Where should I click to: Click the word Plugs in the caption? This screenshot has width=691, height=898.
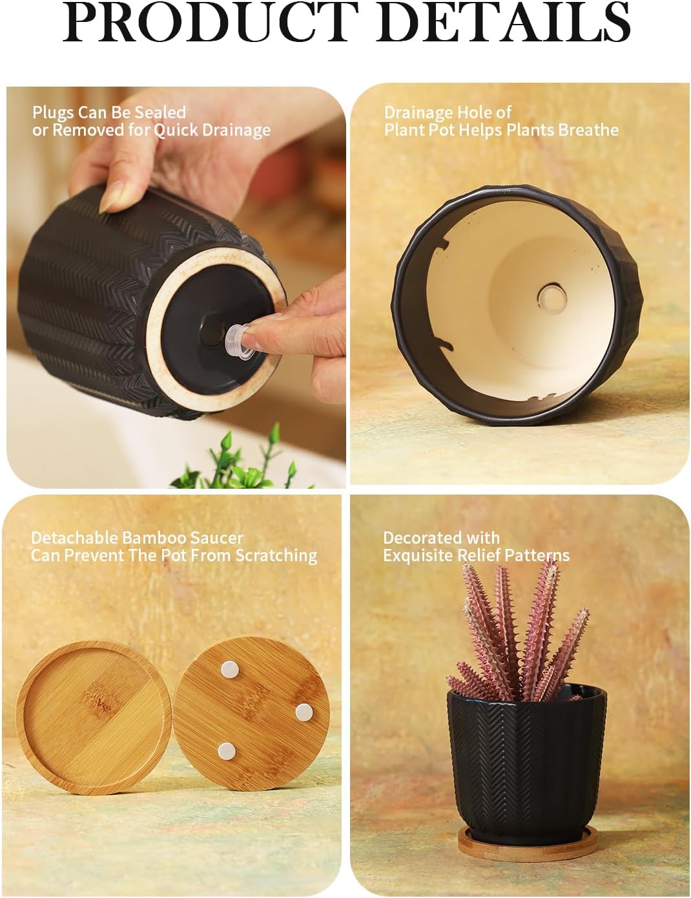pos(53,112)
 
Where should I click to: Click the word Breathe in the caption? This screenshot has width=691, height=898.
pos(588,130)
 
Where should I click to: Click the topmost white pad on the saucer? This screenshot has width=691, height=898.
pos(229,669)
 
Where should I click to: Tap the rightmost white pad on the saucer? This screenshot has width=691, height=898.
pos(304,712)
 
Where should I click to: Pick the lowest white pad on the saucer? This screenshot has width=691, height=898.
pos(226,751)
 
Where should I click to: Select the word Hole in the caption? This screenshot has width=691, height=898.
pos(475,112)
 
